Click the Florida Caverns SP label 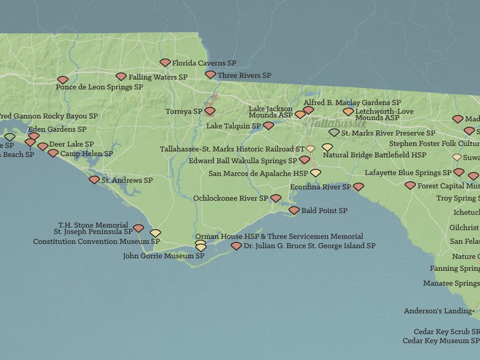pos(204,63)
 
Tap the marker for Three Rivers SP pos(210,75)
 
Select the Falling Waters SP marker pos(121,77)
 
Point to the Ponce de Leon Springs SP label pos(99,87)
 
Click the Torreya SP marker pos(210,111)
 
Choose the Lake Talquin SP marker pos(268,126)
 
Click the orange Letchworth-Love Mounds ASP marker pos(348,111)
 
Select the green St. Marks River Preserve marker pos(334,132)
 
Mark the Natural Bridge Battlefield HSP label pos(374,155)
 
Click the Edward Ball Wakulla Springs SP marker pos(305,160)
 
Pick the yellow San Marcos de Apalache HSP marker pos(316,173)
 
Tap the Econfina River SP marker pos(358,187)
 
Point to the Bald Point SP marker pos(294,210)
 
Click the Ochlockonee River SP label pos(230,198)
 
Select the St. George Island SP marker pos(236,246)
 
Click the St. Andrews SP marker pos(94,179)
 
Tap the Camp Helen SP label pos(86,154)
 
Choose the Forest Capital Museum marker pos(410,185)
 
